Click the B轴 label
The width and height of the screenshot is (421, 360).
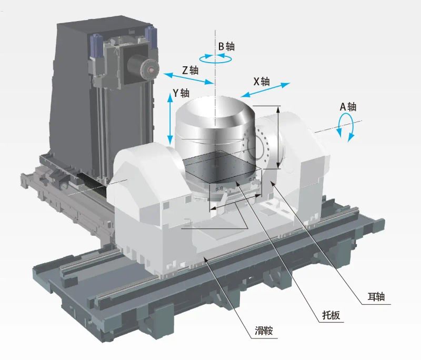226,46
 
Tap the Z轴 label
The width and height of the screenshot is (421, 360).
191,71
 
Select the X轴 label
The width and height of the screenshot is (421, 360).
261,82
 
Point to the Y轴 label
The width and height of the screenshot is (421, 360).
181,93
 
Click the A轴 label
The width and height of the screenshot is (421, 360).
348,107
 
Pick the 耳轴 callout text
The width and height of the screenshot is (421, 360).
376,297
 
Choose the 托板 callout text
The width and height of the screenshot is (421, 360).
331,315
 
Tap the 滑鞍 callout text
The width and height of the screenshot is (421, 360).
264,331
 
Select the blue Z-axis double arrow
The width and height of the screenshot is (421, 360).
188,78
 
